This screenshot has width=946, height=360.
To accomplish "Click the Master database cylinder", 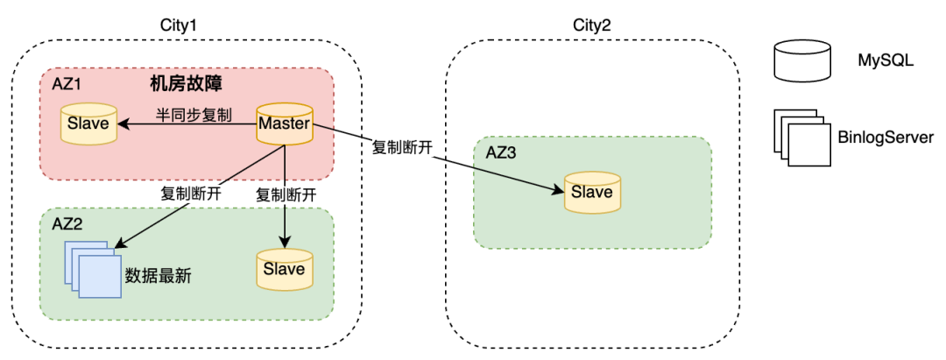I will pos(284,125).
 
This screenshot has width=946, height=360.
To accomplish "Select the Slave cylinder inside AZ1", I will pos(88,124).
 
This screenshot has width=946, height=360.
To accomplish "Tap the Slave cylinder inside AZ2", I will pos(284,269).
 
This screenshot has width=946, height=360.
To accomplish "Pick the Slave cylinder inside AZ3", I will pos(591,193).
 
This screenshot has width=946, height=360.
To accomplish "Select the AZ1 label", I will pos(67,86).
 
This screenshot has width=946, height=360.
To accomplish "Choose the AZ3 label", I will pos(501,152).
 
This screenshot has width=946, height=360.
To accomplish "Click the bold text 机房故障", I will pos(186,85).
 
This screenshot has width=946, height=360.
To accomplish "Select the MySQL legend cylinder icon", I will pos(802,61).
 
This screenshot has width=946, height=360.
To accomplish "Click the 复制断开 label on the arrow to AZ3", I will pos(403,147).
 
